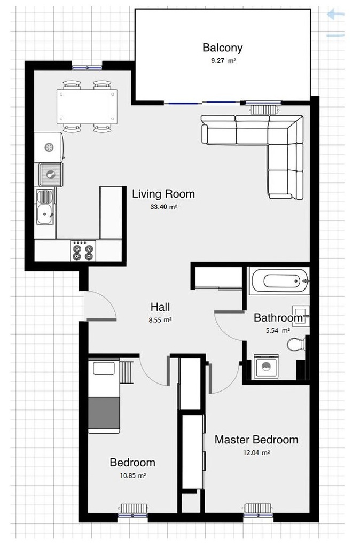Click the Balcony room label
222,48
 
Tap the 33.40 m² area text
163,207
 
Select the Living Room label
163,193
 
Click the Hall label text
160,307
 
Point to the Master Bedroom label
256,440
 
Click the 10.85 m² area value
132,475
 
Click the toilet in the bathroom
295,343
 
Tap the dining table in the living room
87,106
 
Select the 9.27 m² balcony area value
223,61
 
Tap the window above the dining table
87,67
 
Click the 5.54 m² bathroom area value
278,331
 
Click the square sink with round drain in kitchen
51,174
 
